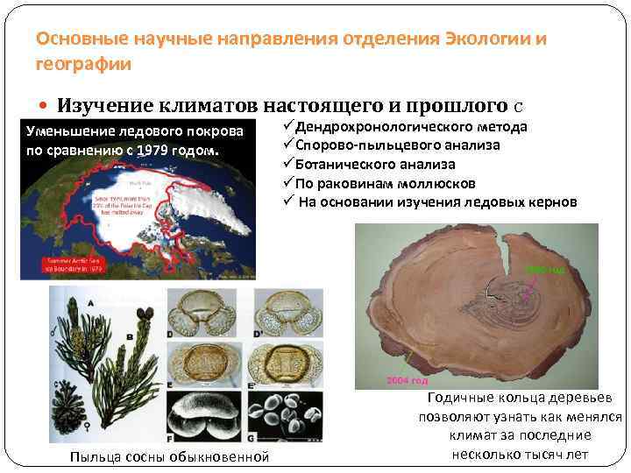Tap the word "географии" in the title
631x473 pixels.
point(83,64)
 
